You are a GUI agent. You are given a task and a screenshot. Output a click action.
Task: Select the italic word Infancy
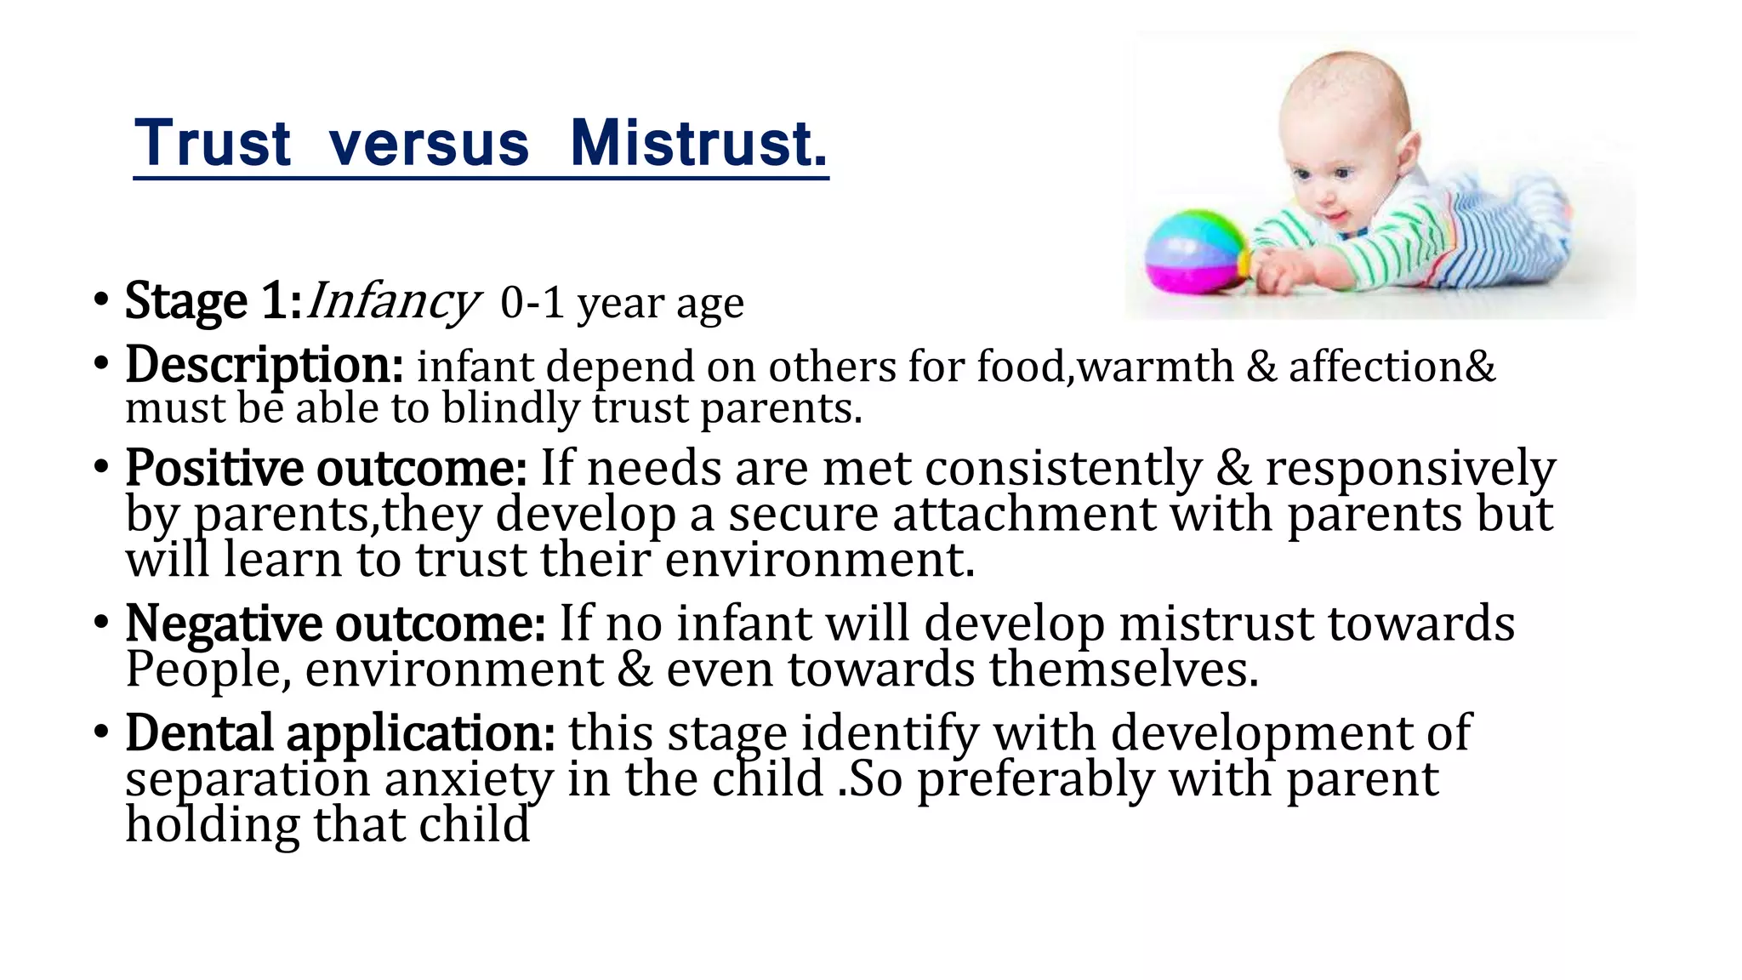tap(392, 302)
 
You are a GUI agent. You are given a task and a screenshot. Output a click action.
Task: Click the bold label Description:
tap(265, 365)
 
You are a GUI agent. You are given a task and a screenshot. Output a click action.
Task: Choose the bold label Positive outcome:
tap(326, 468)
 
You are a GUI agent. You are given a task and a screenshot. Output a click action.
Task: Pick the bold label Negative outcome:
tap(335, 624)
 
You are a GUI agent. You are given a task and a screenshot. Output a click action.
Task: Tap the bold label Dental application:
tap(340, 732)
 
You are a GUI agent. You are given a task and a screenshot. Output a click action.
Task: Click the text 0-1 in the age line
tap(532, 303)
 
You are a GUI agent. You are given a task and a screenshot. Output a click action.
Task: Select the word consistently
tap(1063, 469)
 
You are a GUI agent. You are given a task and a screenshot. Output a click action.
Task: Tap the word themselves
tap(1123, 669)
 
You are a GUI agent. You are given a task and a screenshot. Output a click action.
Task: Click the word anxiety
tap(468, 779)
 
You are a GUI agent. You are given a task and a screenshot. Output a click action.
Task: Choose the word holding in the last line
tap(213, 825)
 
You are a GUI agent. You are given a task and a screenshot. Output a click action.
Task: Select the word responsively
tap(1410, 469)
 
